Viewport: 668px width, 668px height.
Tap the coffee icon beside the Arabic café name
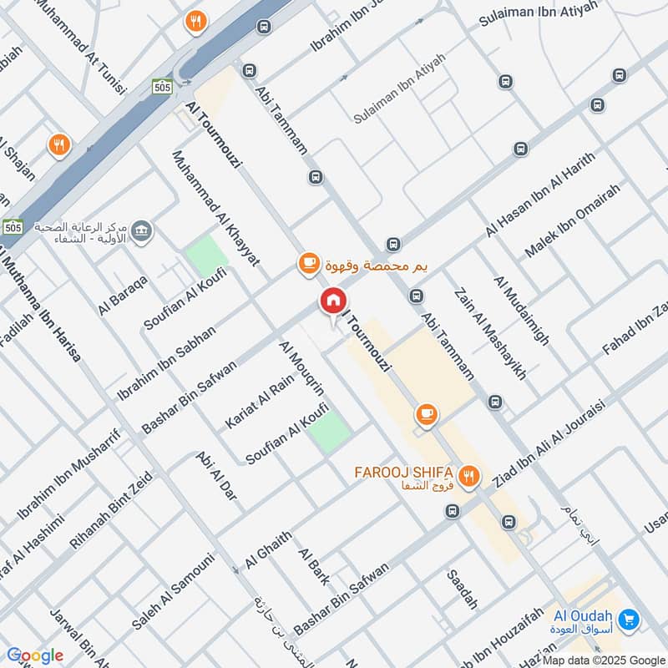pyautogui.click(x=308, y=264)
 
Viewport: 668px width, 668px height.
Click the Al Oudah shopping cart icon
pyautogui.click(x=630, y=620)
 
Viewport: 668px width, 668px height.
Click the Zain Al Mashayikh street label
pyautogui.click(x=490, y=334)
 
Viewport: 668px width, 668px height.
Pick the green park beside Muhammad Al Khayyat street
pyautogui.click(x=206, y=256)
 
